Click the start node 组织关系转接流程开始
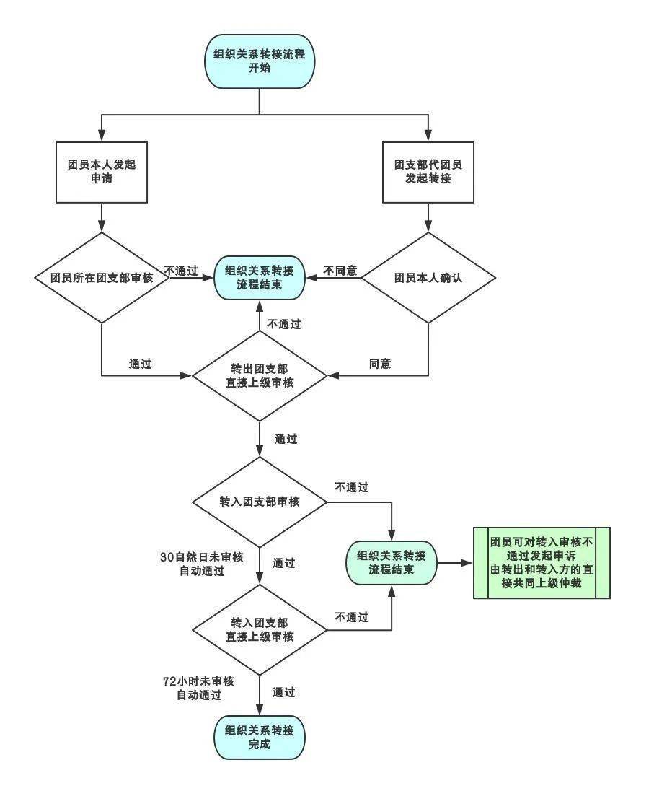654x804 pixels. [260, 61]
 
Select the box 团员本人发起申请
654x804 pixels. [102, 171]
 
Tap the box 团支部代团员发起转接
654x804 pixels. [428, 171]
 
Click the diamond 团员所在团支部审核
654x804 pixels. [102, 277]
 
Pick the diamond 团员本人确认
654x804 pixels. [428, 277]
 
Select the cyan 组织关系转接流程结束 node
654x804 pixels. [260, 278]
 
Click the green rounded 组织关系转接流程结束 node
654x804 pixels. [391, 563]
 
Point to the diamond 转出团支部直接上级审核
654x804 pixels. [260, 375]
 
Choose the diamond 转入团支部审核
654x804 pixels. [260, 502]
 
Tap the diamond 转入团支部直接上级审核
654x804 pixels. [260, 629]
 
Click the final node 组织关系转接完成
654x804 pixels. [260, 737]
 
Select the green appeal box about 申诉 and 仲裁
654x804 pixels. [542, 563]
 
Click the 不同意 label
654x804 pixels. [340, 271]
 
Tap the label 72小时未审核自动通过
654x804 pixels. [199, 689]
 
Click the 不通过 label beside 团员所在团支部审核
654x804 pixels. [181, 271]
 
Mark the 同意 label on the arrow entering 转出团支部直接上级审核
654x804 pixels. [380, 364]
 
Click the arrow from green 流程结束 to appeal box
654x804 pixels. [454, 563]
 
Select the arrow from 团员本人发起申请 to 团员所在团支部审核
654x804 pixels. [102, 217]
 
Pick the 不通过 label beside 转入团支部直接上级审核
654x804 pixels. [352, 617]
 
